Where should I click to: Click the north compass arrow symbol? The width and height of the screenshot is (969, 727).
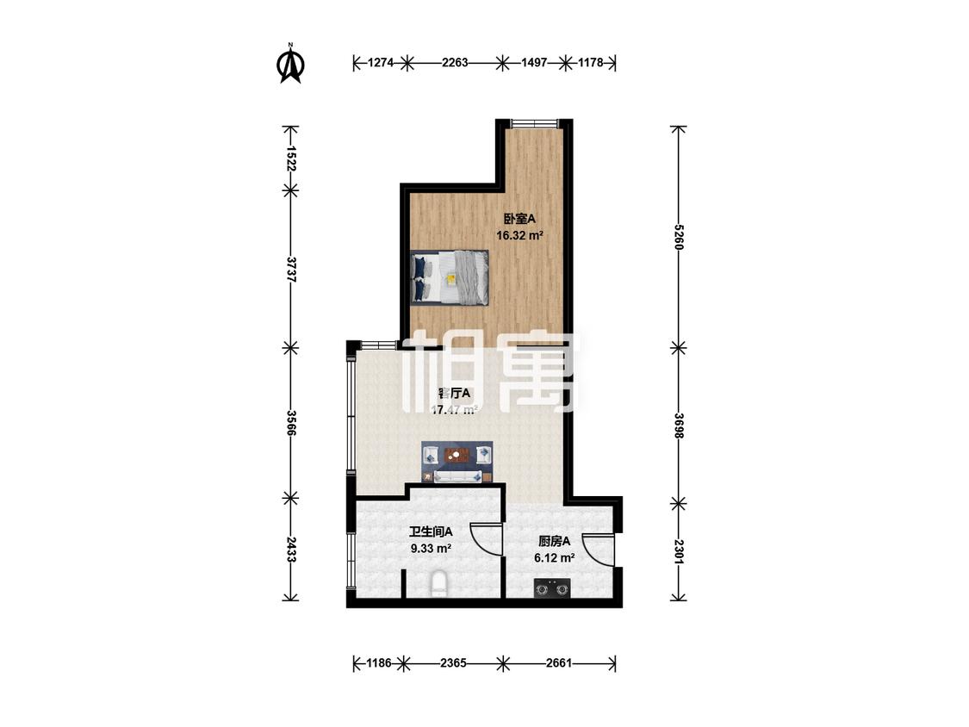pyautogui.click(x=291, y=64)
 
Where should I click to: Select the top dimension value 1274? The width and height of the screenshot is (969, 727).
pyautogui.click(x=380, y=63)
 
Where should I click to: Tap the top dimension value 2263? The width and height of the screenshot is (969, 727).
pyautogui.click(x=454, y=63)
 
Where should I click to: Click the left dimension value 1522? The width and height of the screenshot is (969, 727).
pyautogui.click(x=292, y=157)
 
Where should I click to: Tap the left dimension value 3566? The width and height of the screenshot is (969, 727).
pyautogui.click(x=292, y=422)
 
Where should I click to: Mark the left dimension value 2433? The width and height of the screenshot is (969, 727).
pyautogui.click(x=292, y=549)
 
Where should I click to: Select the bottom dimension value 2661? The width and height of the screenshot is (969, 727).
pyautogui.click(x=559, y=663)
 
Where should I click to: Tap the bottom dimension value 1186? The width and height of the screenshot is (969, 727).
pyautogui.click(x=380, y=663)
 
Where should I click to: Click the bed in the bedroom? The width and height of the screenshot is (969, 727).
pyautogui.click(x=450, y=277)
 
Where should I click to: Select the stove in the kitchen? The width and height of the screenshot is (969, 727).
pyautogui.click(x=551, y=590)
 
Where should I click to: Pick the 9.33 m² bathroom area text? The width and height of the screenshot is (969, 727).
pyautogui.click(x=432, y=547)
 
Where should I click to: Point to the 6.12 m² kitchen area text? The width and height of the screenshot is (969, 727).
pyautogui.click(x=555, y=557)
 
